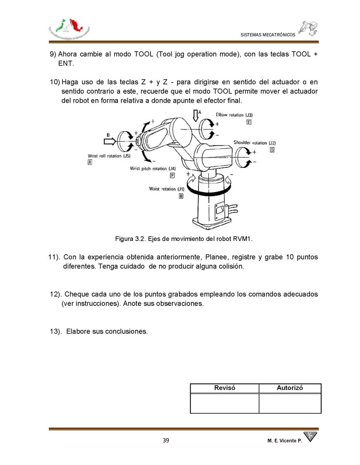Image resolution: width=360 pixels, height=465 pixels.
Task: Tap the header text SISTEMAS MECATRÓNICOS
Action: point(268,35)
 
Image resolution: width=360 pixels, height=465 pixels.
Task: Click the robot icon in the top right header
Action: point(309,28)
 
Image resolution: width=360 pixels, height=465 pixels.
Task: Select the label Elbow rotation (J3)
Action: point(234,115)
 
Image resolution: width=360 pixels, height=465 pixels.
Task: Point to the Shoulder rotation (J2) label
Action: point(255,143)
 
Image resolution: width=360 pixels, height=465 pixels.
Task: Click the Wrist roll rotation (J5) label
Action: point(109,156)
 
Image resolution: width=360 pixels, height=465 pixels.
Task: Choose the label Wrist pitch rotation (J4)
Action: point(153,169)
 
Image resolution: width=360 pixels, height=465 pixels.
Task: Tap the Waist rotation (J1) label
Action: point(167,189)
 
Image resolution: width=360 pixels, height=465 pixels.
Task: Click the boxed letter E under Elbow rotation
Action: point(249,122)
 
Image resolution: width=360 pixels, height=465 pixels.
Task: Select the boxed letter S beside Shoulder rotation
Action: point(272,150)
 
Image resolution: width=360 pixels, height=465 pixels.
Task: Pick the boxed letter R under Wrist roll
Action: point(90,162)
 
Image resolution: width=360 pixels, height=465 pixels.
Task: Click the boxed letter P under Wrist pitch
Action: point(172,175)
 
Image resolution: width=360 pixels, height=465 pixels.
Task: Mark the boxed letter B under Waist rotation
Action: point(181,196)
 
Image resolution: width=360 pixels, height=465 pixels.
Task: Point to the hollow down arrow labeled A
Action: point(196,115)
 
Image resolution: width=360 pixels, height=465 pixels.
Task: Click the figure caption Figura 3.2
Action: point(184,239)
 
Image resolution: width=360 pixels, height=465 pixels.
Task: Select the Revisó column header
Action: point(224,388)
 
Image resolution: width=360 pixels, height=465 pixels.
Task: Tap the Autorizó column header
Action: point(290,388)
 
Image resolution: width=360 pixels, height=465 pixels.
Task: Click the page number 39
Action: point(166,440)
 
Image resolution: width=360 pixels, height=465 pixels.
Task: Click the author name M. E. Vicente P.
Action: point(284,441)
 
